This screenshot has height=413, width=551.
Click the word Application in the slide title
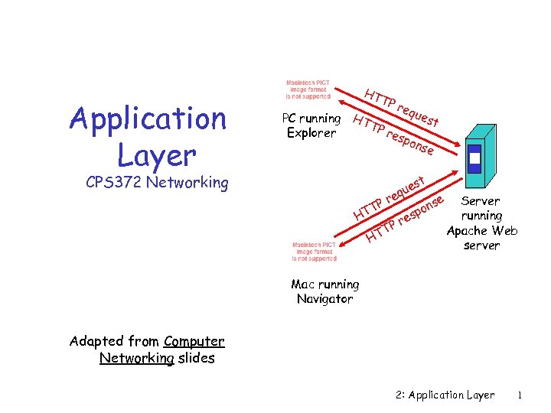click(148, 119)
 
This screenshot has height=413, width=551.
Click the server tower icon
click(475, 151)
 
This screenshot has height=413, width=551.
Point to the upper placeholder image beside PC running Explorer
click(308, 89)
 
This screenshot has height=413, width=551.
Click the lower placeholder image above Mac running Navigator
click(314, 252)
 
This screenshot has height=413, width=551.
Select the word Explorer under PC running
click(311, 133)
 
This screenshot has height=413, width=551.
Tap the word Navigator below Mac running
click(325, 298)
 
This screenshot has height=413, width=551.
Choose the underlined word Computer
click(194, 342)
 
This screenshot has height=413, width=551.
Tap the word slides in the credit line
click(196, 358)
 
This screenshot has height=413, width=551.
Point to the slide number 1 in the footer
click(520, 395)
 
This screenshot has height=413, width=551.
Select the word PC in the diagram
click(289, 119)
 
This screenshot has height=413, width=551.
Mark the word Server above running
click(481, 201)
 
